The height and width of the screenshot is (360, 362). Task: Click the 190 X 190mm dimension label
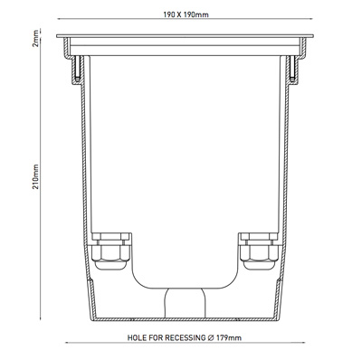coord(186,14)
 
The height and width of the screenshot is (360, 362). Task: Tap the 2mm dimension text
coord(35,38)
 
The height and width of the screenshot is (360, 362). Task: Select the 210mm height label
coord(35,176)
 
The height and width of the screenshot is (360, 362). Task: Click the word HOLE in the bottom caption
coord(137,337)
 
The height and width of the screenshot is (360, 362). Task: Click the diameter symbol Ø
coord(211,337)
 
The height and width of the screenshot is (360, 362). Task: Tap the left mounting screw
coord(77,69)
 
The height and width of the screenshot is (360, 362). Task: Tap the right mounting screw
coord(292,69)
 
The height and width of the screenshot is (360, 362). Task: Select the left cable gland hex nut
coord(111,252)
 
